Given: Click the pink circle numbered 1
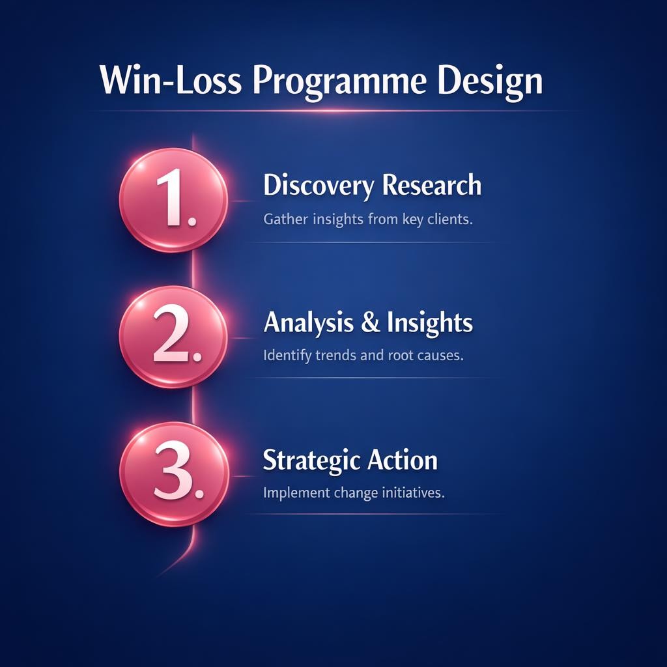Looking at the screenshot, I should tap(174, 200).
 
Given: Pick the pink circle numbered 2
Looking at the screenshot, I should tap(174, 337).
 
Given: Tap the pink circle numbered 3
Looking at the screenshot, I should tap(174, 474).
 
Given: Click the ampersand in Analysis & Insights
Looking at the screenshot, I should tap(370, 323).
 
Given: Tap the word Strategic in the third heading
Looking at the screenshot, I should tap(311, 460).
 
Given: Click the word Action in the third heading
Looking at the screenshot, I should tap(402, 460).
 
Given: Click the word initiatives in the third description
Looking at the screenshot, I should tap(416, 493).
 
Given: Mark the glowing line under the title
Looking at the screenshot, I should tap(333, 111).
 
